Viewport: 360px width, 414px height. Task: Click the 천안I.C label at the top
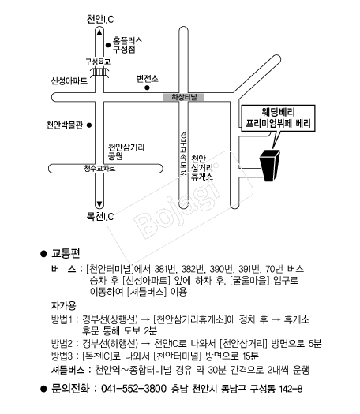click(x=100, y=19)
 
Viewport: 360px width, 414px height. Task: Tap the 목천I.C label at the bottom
click(x=100, y=217)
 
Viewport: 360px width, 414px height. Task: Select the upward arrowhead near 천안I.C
click(x=99, y=32)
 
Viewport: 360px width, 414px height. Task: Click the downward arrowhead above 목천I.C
click(x=99, y=204)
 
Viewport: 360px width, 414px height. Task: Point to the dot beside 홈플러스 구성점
click(x=108, y=45)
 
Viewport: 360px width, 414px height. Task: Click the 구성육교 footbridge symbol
click(x=99, y=72)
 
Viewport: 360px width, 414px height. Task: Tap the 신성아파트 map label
click(x=69, y=80)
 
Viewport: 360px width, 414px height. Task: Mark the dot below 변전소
click(x=147, y=88)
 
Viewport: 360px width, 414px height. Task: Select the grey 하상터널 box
click(x=183, y=97)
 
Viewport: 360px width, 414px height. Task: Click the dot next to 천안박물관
click(x=89, y=125)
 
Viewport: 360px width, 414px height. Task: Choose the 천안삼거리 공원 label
click(x=126, y=151)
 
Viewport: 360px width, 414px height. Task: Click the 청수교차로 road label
click(x=99, y=168)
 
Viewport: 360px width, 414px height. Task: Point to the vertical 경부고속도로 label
click(x=183, y=153)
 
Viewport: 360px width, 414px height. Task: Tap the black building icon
click(x=270, y=166)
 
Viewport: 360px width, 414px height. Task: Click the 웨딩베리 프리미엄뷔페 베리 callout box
click(x=279, y=118)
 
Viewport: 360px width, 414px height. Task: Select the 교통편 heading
click(x=66, y=253)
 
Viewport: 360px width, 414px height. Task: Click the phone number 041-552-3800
click(x=133, y=389)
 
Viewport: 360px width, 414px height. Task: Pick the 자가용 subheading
click(x=63, y=306)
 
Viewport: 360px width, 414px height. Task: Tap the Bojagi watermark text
click(x=177, y=201)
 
